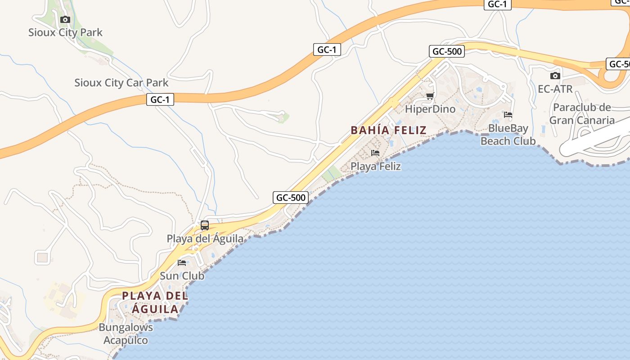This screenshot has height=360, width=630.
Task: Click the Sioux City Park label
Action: [65, 32]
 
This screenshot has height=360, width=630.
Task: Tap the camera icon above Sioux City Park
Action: [65, 19]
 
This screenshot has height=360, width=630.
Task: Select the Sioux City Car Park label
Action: [121, 83]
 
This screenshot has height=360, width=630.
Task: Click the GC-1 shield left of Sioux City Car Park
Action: [160, 99]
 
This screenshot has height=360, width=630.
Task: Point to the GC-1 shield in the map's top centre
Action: [327, 49]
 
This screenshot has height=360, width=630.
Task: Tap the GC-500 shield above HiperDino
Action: [447, 51]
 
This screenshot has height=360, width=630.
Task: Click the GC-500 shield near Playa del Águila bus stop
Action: [291, 197]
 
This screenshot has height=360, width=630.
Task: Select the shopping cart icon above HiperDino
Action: [430, 96]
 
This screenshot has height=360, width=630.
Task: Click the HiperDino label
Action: [430, 109]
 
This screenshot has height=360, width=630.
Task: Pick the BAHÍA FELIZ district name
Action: [388, 130]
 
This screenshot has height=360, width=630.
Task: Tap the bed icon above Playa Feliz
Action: [375, 153]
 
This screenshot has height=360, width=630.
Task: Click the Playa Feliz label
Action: [376, 166]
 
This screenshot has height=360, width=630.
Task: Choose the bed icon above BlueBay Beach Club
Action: [508, 115]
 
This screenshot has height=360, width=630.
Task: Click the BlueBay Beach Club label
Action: [508, 135]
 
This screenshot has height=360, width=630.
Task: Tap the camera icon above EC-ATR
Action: [555, 76]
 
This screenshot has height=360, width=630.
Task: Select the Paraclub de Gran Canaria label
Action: [582, 114]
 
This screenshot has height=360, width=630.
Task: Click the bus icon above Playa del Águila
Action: [205, 225]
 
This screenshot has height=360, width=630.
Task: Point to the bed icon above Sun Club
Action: [182, 262]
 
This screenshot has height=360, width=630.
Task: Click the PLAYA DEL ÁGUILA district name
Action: [155, 302]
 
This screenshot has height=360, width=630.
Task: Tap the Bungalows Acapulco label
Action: [126, 333]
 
